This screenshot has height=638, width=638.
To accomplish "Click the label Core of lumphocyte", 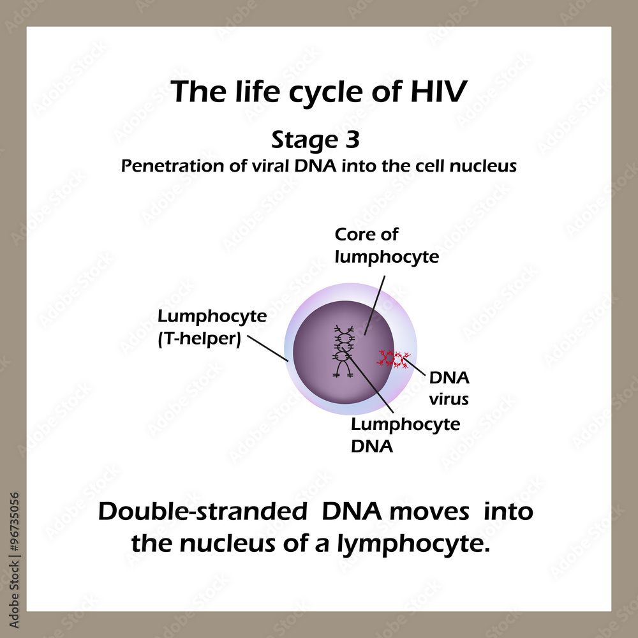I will [387, 246].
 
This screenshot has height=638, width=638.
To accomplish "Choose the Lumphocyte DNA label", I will [405, 435].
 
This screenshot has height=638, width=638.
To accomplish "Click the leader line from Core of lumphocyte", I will [375, 300].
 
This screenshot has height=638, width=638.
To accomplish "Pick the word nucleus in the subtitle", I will [486, 166].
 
